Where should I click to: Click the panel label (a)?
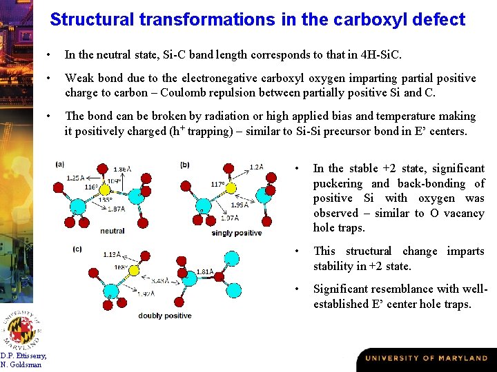pos(60,165)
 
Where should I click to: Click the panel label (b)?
pos(184,165)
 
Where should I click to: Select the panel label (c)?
pos(77,248)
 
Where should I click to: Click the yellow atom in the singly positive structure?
pos(231,187)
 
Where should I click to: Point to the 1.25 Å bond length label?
pos(76,178)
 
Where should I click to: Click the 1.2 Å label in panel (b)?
pos(256,167)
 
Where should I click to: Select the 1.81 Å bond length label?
pos(205,271)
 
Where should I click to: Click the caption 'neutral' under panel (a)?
pos(113,231)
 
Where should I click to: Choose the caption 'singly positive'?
pos(237,233)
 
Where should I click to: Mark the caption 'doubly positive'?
pos(165,316)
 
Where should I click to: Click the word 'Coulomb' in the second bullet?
pos(186,92)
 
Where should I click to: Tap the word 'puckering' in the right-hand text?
pos(338,183)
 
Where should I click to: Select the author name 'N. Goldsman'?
pos(21,364)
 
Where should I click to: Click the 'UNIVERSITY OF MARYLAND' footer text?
pos(426,358)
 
